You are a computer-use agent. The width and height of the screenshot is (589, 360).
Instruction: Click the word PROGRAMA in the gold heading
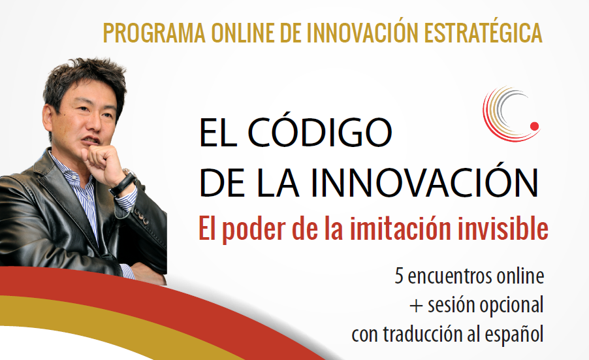coord(154,33)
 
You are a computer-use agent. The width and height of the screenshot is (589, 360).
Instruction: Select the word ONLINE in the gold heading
coord(243,33)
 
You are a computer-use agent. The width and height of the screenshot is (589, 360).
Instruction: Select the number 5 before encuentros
coord(399,276)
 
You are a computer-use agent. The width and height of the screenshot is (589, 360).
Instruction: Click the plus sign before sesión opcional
coord(416,306)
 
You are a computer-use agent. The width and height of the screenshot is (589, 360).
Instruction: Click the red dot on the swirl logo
coord(534,126)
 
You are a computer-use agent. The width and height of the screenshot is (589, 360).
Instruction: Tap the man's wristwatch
coord(124,183)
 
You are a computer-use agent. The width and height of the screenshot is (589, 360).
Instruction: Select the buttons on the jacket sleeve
coord(142,216)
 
